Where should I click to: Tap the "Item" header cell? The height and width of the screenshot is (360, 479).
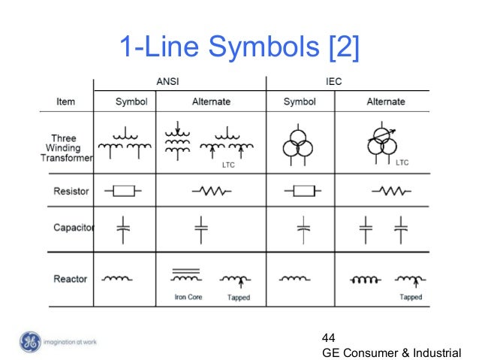66,101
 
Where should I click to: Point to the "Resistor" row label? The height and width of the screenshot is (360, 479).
71,191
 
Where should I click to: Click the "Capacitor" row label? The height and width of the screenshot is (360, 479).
73,227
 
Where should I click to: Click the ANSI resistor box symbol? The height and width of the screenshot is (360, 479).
123,191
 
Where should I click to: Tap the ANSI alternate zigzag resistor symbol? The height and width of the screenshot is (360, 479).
210,191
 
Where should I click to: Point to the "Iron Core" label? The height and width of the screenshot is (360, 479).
188,298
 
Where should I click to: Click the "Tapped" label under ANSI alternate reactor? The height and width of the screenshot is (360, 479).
239,298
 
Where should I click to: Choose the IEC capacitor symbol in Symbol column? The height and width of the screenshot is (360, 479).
303,228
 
